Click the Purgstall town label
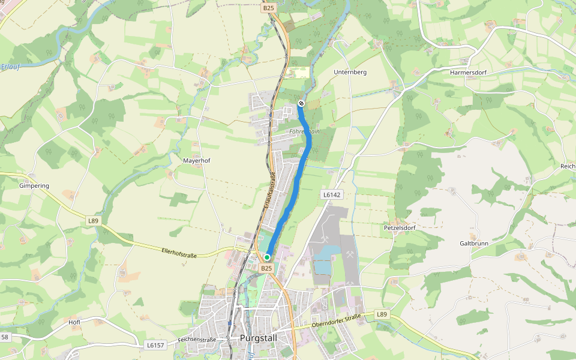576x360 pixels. [258, 338]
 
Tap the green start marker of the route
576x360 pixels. [267, 257]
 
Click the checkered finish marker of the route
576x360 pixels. [301, 103]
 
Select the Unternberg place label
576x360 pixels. [350, 72]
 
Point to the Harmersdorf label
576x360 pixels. [467, 72]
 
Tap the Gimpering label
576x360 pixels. [34, 186]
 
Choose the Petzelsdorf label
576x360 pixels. [400, 228]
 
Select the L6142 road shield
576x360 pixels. [331, 194]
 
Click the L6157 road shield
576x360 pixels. [155, 345]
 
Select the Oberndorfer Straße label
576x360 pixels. [336, 320]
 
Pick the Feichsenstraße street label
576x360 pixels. [197, 340]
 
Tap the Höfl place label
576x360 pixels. [74, 322]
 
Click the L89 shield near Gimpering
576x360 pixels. [93, 221]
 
